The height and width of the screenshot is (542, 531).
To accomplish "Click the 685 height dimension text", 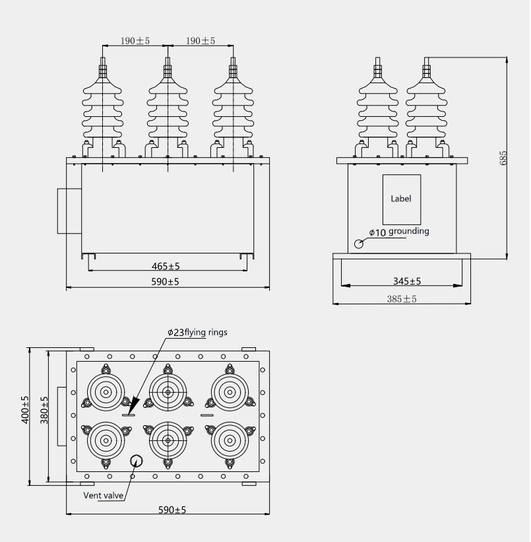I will [x=504, y=158].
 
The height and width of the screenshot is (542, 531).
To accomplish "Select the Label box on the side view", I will [x=401, y=199].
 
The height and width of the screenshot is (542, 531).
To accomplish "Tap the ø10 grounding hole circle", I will [x=359, y=244].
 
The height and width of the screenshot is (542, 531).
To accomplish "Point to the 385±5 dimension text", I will [x=402, y=299].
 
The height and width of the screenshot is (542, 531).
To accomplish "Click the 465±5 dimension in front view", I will [x=166, y=266].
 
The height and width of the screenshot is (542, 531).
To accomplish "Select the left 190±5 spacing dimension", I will [x=135, y=41].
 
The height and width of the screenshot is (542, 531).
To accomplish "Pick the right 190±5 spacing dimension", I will [x=201, y=41].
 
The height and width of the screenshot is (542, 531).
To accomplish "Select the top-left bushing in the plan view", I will [x=106, y=392].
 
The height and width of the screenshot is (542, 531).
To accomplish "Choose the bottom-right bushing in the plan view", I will [x=229, y=440].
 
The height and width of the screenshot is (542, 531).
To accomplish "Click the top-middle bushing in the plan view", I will [x=168, y=392].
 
